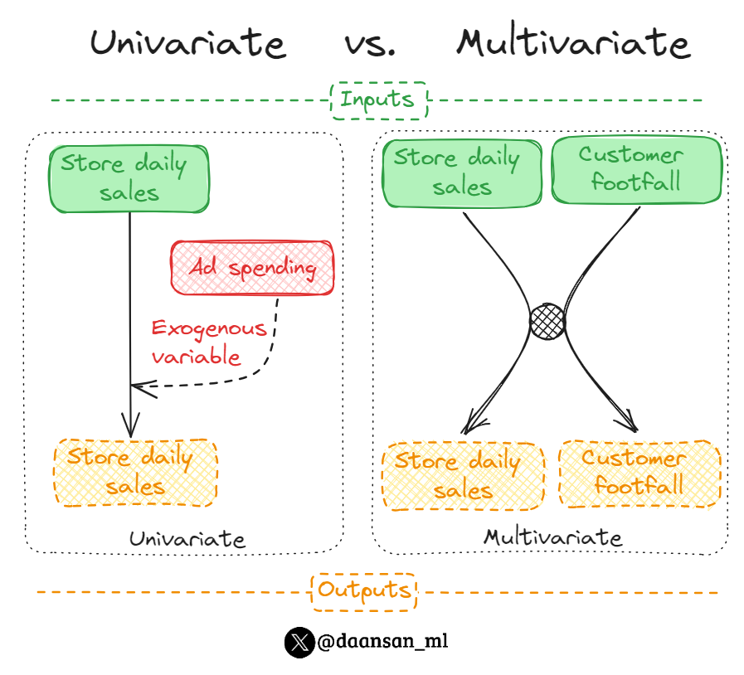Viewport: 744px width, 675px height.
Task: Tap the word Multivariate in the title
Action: pyautogui.click(x=573, y=42)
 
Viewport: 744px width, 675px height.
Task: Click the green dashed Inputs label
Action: pyautogui.click(x=377, y=100)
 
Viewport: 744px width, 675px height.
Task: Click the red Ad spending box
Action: pyautogui.click(x=252, y=268)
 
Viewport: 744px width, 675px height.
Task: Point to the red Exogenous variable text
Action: pyautogui.click(x=209, y=342)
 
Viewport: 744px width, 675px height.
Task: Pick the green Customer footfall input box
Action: pyautogui.click(x=635, y=169)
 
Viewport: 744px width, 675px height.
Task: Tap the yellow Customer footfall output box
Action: pyautogui.click(x=639, y=473)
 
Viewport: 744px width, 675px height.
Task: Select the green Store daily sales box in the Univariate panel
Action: pyautogui.click(x=129, y=177)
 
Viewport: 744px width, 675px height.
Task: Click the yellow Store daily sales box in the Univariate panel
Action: pyautogui.click(x=135, y=471)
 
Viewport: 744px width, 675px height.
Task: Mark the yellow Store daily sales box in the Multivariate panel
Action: pyautogui.click(x=463, y=476)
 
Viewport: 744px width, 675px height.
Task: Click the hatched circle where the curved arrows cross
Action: pyautogui.click(x=548, y=320)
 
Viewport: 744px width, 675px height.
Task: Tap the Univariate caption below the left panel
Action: pyautogui.click(x=187, y=539)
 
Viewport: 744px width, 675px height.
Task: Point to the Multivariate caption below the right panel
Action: pyautogui.click(x=552, y=537)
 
